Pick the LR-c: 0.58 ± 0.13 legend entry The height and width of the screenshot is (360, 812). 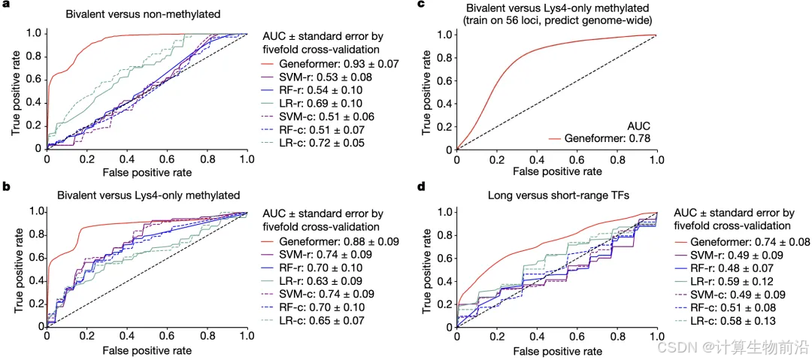(735, 322)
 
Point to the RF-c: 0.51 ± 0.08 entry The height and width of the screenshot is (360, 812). (735, 308)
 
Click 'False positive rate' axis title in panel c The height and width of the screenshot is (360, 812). (557, 171)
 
